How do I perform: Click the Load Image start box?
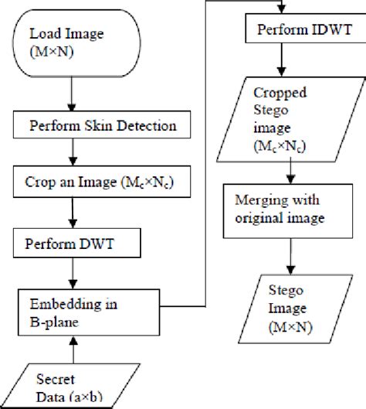72,43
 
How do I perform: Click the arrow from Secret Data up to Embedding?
72,352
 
